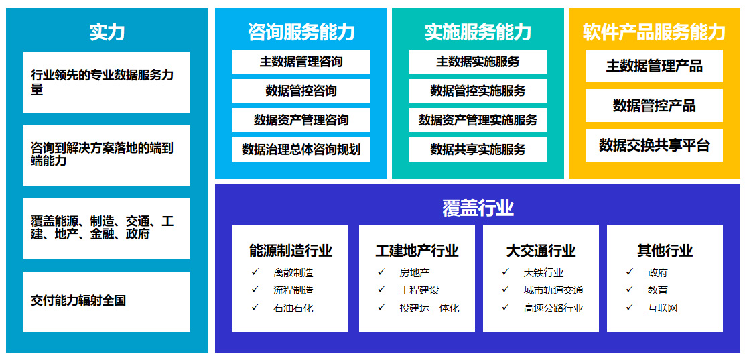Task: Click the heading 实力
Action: [x=107, y=32]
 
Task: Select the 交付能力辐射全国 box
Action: [x=107, y=302]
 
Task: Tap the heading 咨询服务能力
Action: [x=301, y=32]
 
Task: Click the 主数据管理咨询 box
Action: [x=301, y=62]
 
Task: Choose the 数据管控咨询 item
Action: [x=301, y=91]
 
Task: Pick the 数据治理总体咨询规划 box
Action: [x=301, y=149]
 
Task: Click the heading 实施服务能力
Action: [x=478, y=32]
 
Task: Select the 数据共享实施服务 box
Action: [x=478, y=149]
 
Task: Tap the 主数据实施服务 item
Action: [x=478, y=62]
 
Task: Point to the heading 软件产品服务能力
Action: [x=654, y=32]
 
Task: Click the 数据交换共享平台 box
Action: [x=654, y=145]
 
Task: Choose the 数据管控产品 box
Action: [x=654, y=105]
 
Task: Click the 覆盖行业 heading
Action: [x=478, y=208]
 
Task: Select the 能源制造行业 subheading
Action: [x=291, y=251]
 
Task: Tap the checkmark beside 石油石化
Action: [x=255, y=308]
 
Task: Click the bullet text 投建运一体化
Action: [x=429, y=308]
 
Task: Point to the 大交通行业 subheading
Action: [x=541, y=251]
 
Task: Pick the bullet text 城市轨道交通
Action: [x=553, y=290]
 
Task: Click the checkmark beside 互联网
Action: [x=630, y=308]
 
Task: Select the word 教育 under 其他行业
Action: [x=658, y=290]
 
